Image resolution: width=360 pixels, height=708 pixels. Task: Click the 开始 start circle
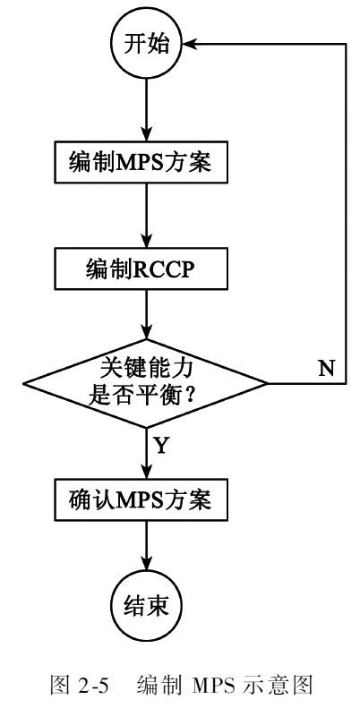pyautogui.click(x=146, y=45)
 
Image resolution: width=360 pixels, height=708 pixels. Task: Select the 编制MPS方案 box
pyautogui.click(x=141, y=163)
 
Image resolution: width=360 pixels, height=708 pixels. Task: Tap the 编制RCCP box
pyautogui.click(x=141, y=269)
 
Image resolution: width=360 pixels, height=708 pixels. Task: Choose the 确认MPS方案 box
pyautogui.click(x=141, y=499)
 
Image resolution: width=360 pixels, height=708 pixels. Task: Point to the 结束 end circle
pyautogui.click(x=146, y=605)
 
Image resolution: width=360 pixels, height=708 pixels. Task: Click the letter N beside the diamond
pyautogui.click(x=326, y=369)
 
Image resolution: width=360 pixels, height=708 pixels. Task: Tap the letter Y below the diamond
pyautogui.click(x=162, y=446)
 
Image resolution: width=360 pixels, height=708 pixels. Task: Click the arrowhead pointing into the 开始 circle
pyautogui.click(x=189, y=44)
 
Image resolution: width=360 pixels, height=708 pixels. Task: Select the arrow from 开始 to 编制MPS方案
pyautogui.click(x=146, y=111)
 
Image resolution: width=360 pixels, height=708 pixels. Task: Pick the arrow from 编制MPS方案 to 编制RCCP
pyautogui.click(x=146, y=217)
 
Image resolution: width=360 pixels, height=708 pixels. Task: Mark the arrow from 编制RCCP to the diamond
pyautogui.click(x=146, y=314)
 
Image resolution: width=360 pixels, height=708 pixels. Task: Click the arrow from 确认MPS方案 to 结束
pyautogui.click(x=146, y=545)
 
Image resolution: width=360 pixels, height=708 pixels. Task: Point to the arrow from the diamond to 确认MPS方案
pyautogui.click(x=146, y=454)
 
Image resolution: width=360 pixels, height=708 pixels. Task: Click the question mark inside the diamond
pyautogui.click(x=190, y=396)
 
